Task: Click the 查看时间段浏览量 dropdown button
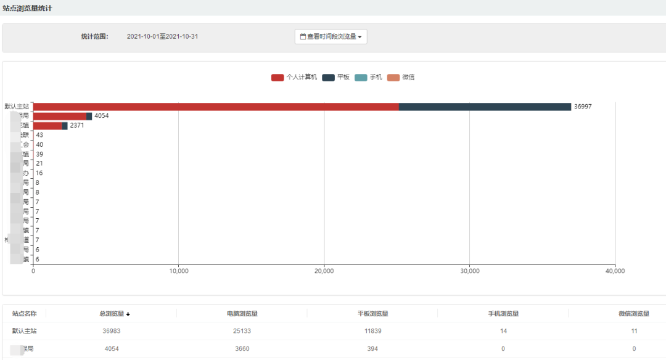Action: (x=331, y=36)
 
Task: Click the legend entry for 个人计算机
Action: (x=294, y=77)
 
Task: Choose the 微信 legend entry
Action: (x=401, y=77)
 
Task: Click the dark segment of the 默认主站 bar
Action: (x=485, y=107)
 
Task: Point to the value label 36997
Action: (x=583, y=107)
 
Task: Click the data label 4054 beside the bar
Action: (x=102, y=116)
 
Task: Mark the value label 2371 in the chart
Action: (x=78, y=126)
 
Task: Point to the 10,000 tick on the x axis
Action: (x=178, y=271)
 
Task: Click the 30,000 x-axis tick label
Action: (x=470, y=271)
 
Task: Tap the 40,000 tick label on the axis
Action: (x=615, y=271)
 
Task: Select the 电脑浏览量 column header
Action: (x=242, y=314)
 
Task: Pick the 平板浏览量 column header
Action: (x=373, y=314)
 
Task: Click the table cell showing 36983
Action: (x=112, y=331)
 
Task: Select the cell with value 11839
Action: (x=373, y=331)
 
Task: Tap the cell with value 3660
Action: (x=242, y=349)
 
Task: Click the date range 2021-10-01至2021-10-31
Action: (x=162, y=36)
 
